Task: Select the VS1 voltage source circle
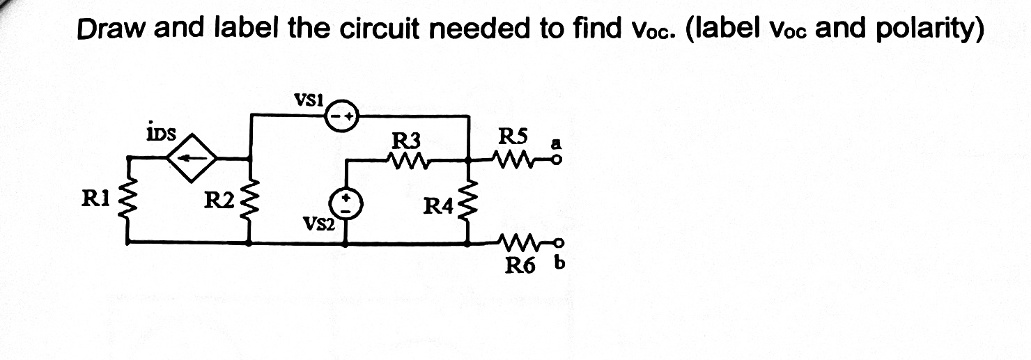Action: coord(342,115)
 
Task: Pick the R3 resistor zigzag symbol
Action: coord(408,160)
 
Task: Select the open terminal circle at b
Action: coord(555,243)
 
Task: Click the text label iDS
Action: coord(160,132)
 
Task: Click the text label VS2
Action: coord(318,224)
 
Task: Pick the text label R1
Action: coord(95,200)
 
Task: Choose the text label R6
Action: coord(519,265)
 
